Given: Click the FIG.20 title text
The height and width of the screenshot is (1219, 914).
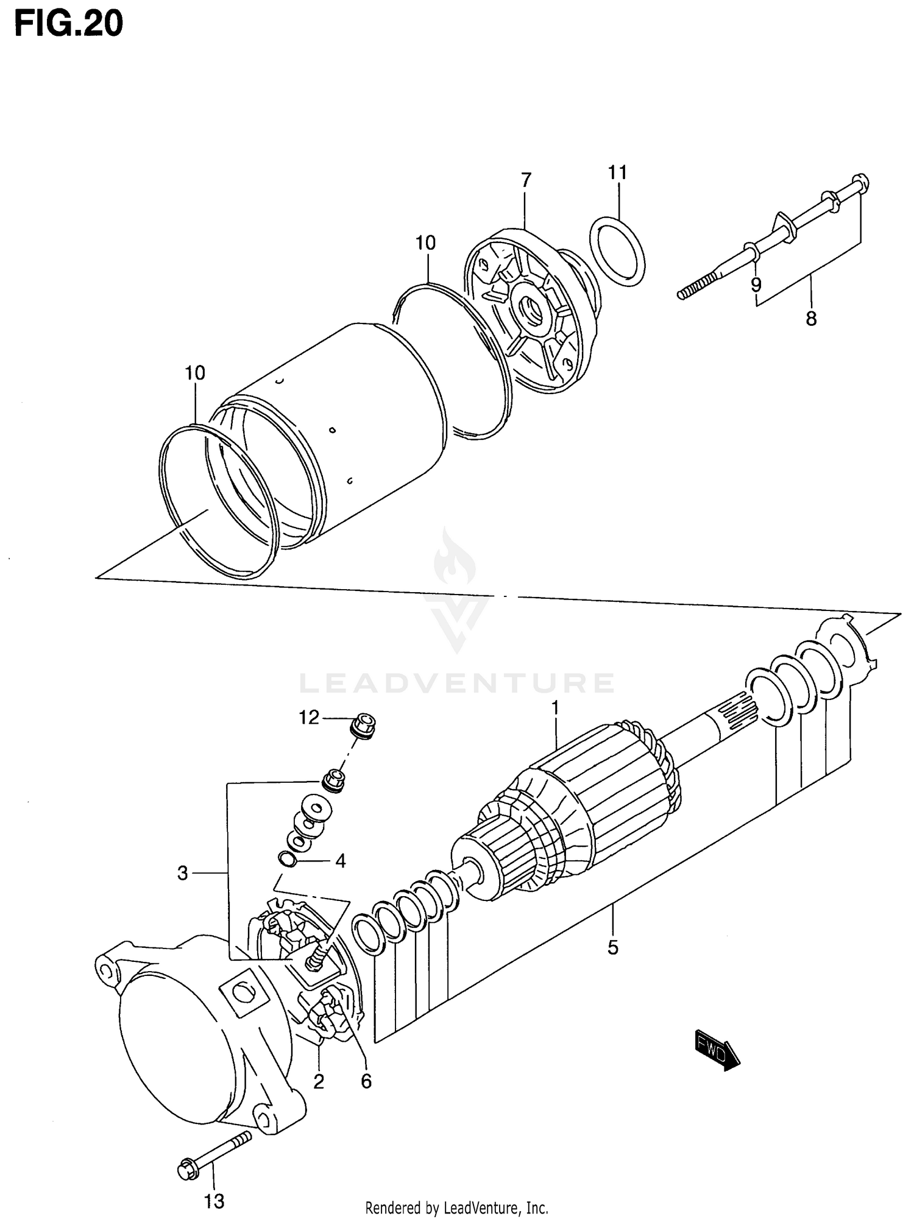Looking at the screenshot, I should click(68, 24).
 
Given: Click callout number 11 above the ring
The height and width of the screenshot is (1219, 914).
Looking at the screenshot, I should click(617, 173).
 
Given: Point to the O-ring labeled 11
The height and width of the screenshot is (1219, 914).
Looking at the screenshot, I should click(617, 251).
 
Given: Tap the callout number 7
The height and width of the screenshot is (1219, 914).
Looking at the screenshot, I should click(526, 180).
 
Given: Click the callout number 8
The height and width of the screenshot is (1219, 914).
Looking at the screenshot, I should click(811, 319).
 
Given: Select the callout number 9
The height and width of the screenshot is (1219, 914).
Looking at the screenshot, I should click(756, 284).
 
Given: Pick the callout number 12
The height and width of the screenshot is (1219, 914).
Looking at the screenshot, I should click(309, 718).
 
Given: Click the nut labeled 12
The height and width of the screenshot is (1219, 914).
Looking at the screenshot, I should click(364, 726).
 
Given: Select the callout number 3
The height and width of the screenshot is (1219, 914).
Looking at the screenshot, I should click(183, 874).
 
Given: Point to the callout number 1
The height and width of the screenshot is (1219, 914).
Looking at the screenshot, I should click(555, 708).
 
